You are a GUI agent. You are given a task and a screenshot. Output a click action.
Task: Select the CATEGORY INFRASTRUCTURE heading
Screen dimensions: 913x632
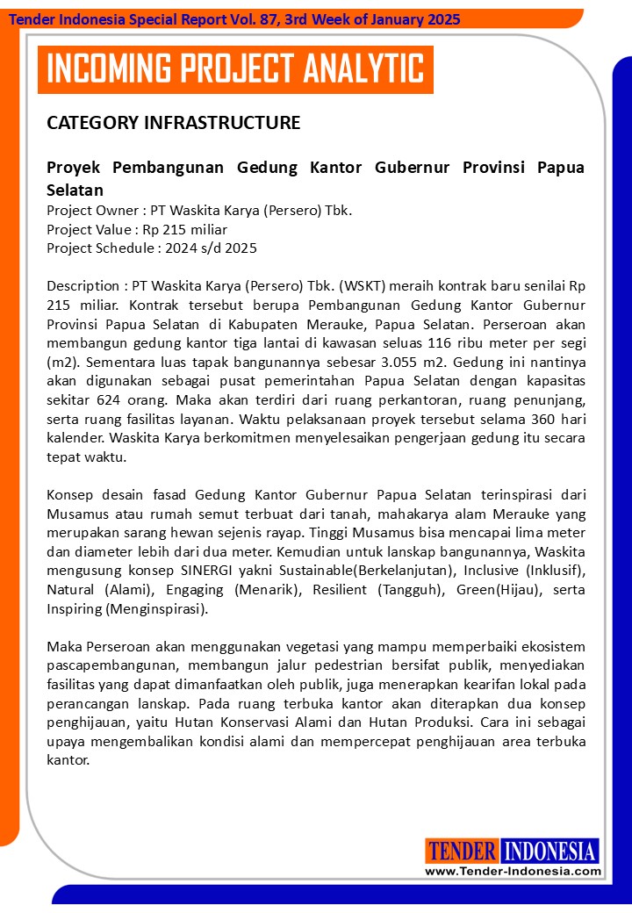[173, 123]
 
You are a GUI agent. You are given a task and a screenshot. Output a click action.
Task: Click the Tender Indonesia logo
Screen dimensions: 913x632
[513, 851]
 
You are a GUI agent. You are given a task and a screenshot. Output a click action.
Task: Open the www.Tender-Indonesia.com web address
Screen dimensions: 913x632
[513, 872]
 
